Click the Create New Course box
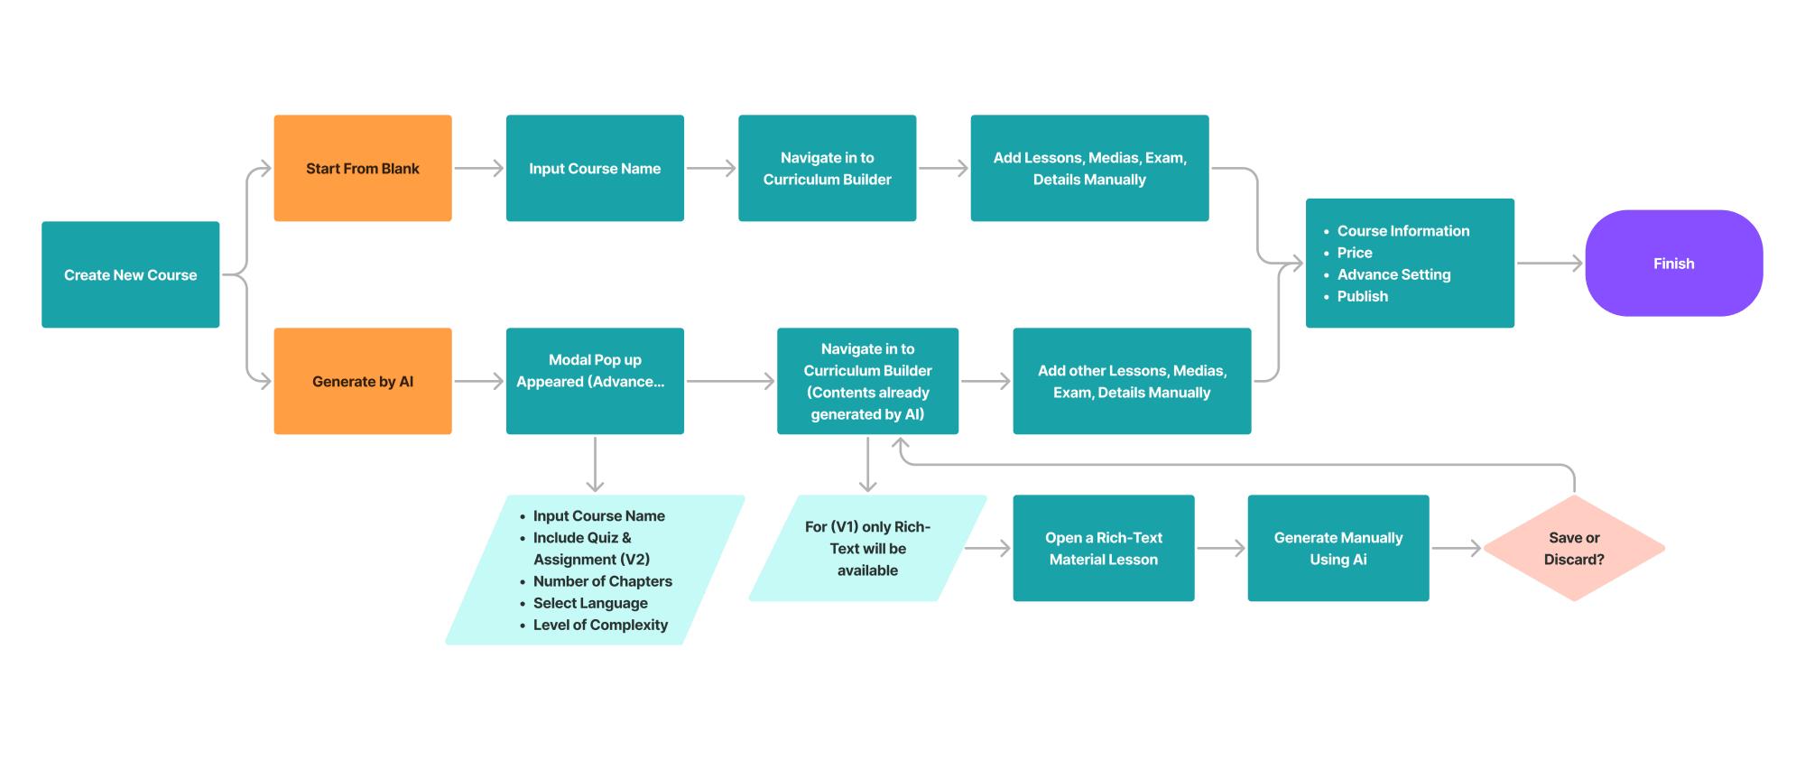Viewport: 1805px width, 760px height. coord(130,274)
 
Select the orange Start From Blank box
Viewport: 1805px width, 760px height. coord(362,168)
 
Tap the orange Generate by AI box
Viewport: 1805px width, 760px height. coord(362,381)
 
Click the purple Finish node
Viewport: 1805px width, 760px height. coord(1673,263)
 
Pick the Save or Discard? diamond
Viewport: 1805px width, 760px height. coord(1574,548)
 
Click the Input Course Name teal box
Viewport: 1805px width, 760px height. coord(595,168)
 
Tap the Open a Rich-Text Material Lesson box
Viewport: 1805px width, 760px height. coord(1103,548)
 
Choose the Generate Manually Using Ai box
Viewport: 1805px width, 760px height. coord(1338,548)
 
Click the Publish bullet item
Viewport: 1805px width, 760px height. coord(1362,296)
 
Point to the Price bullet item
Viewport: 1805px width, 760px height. coord(1354,253)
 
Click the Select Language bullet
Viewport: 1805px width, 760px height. coord(590,603)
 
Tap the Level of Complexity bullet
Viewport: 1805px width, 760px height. coord(600,625)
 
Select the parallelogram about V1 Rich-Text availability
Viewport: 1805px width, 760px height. coord(866,548)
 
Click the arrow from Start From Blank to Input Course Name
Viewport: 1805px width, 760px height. coord(478,168)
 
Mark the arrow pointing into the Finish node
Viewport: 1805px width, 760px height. coord(1550,263)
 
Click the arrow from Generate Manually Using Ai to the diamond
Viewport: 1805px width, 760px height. coord(1456,548)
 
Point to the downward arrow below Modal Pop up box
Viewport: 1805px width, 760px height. coord(595,465)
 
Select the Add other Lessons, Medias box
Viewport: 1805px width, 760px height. coord(1131,381)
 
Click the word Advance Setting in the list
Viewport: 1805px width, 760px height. coord(1393,274)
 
